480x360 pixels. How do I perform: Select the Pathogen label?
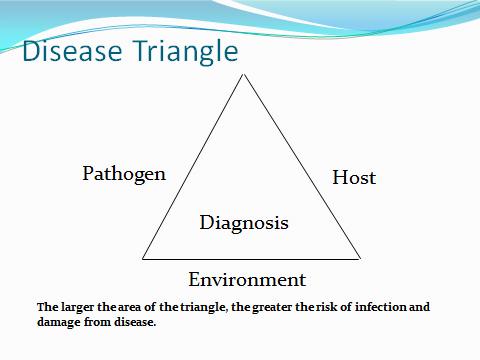point(124,174)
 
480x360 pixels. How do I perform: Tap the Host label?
point(354,178)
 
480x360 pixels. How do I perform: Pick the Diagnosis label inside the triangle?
point(244,222)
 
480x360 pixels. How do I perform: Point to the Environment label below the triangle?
point(247,279)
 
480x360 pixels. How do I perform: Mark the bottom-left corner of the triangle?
point(143,258)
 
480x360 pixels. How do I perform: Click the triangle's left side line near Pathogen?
point(192,166)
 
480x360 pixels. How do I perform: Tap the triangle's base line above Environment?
point(250,258)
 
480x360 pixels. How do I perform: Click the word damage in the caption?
point(61,321)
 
